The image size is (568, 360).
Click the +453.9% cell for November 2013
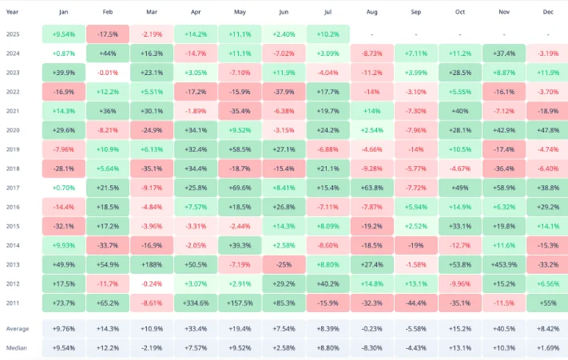[x=504, y=264]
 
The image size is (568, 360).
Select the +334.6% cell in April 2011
[x=196, y=303]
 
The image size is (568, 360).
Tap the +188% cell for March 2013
[x=152, y=264]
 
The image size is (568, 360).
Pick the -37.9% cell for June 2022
[x=284, y=92]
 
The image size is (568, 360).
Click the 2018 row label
[x=13, y=168]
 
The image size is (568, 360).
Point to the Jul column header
[x=328, y=12]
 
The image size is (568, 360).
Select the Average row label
[x=18, y=329]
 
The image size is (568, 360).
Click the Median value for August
[x=372, y=348]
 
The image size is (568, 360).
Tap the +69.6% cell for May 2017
[x=240, y=188]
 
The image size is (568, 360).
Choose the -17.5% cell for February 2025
[x=108, y=34]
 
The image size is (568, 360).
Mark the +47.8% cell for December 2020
[x=547, y=130]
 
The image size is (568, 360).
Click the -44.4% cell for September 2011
[x=416, y=303]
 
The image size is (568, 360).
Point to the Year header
[x=12, y=12]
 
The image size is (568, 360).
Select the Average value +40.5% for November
[x=504, y=329]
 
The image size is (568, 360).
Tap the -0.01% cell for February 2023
[x=108, y=73]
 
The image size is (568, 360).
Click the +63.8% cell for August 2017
[x=372, y=188]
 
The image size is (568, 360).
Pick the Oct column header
[x=460, y=12]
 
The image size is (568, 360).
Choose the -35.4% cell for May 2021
[x=240, y=111]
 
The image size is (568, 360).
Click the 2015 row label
[x=13, y=226]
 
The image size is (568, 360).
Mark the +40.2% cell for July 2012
[x=328, y=283]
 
